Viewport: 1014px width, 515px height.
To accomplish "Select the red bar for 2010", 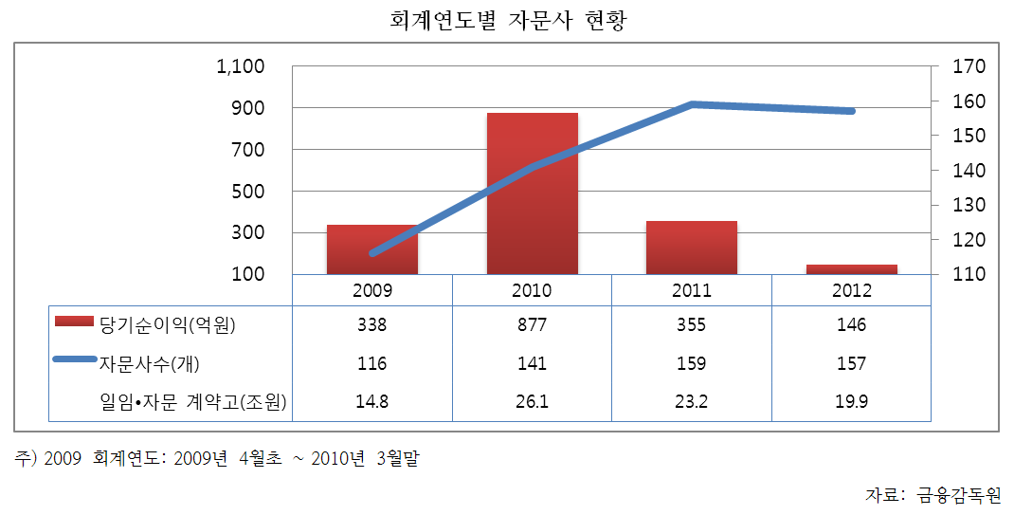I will [x=533, y=193].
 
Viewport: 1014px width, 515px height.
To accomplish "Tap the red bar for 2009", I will [x=372, y=249].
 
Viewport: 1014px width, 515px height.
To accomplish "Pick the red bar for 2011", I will [x=692, y=248].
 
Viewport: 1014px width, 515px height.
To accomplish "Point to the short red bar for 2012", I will [x=852, y=269].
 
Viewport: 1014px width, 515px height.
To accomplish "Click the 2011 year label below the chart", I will [x=692, y=291].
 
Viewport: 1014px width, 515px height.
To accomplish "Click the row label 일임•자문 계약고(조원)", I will [x=194, y=402].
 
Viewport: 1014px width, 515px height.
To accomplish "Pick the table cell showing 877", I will [x=533, y=325].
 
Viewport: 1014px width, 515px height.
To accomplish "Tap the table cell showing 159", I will [x=692, y=363].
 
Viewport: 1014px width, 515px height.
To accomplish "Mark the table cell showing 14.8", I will [x=372, y=402].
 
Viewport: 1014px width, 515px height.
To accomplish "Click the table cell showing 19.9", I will [x=852, y=402].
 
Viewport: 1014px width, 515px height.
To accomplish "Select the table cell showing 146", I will [x=852, y=325].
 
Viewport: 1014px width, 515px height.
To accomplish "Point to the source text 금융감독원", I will [x=958, y=494].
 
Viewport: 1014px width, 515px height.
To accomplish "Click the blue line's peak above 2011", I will [x=693, y=103].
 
